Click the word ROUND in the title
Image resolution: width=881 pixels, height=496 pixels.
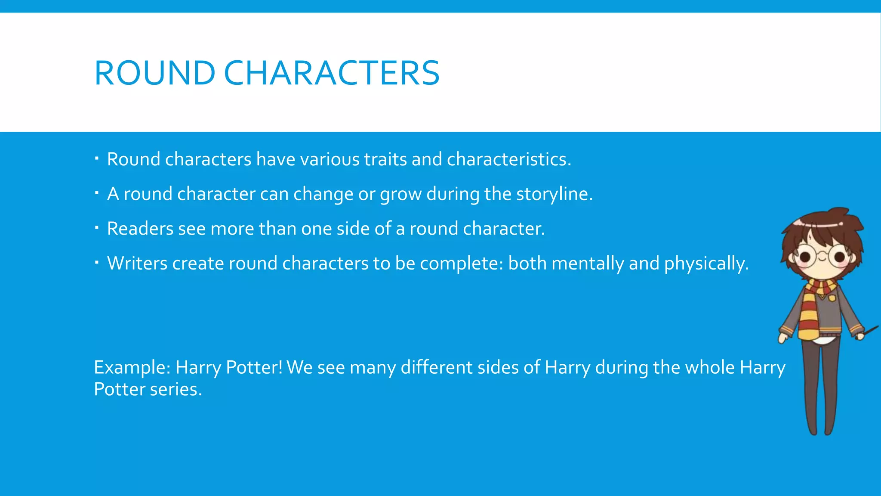pyautogui.click(x=154, y=73)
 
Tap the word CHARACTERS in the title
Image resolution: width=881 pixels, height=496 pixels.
pyautogui.click(x=332, y=73)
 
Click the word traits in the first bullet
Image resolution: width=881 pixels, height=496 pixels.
pyautogui.click(x=385, y=159)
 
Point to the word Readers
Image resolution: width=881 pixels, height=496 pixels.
pyautogui.click(x=140, y=229)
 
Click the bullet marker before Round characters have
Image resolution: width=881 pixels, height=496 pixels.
pyautogui.click(x=97, y=159)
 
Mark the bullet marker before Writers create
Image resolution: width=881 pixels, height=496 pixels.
pyautogui.click(x=97, y=263)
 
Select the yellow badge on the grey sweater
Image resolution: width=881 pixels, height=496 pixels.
pyautogui.click(x=832, y=298)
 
